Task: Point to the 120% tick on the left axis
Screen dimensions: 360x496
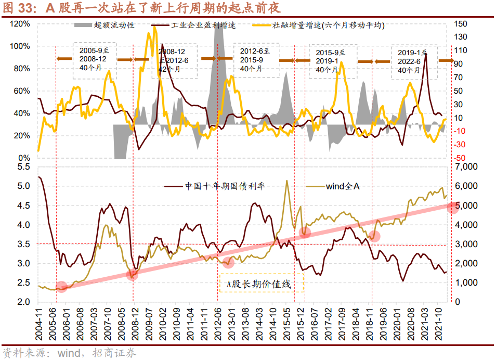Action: coord(20,24)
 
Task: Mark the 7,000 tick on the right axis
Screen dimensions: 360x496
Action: coord(464,167)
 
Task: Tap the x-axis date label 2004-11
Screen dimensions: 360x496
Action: coord(40,323)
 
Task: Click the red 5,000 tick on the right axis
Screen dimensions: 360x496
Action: coord(464,206)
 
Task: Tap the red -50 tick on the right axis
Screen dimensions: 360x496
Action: coord(460,158)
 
